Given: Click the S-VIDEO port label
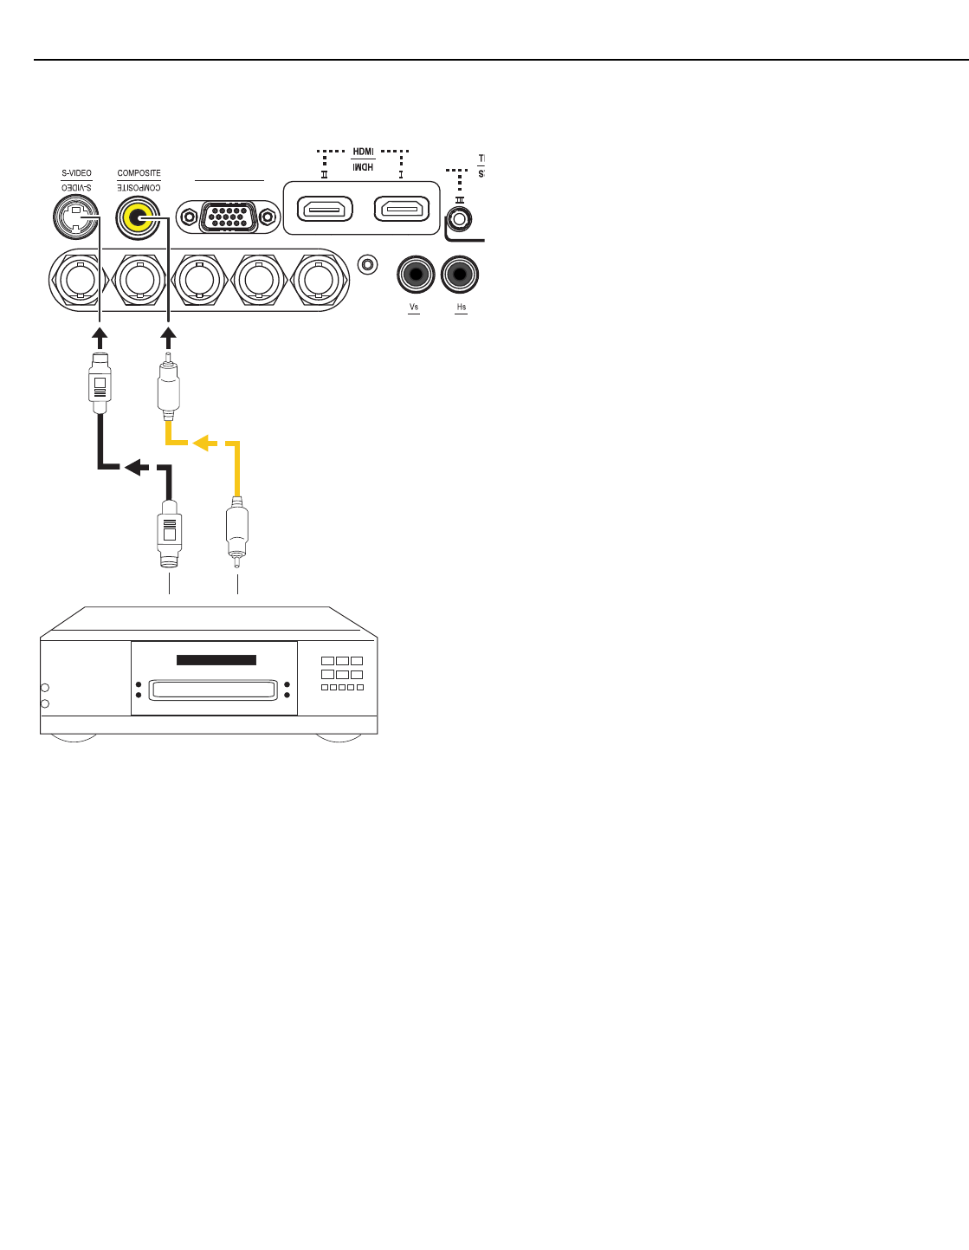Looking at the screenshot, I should click(76, 173).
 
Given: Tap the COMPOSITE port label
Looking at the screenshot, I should click(139, 173).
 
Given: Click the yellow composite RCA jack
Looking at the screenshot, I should click(139, 217).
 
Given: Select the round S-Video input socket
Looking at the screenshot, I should click(76, 217).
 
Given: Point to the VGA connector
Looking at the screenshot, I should click(229, 217).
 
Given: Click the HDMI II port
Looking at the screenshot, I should click(325, 210).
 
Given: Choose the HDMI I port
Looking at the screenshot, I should click(402, 210).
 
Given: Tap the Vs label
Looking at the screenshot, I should click(414, 308).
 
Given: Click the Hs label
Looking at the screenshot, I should click(462, 308).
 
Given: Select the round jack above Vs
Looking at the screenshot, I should click(416, 275).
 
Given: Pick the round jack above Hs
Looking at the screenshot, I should click(460, 275).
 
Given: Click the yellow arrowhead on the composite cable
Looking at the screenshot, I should click(204, 444).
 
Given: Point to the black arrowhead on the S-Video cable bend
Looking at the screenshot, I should click(135, 468).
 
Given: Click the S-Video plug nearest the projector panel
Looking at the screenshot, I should click(100, 382).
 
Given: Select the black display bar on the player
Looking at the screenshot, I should click(216, 660).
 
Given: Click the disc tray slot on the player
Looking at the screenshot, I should click(213, 690).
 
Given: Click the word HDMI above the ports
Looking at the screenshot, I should click(364, 152).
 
